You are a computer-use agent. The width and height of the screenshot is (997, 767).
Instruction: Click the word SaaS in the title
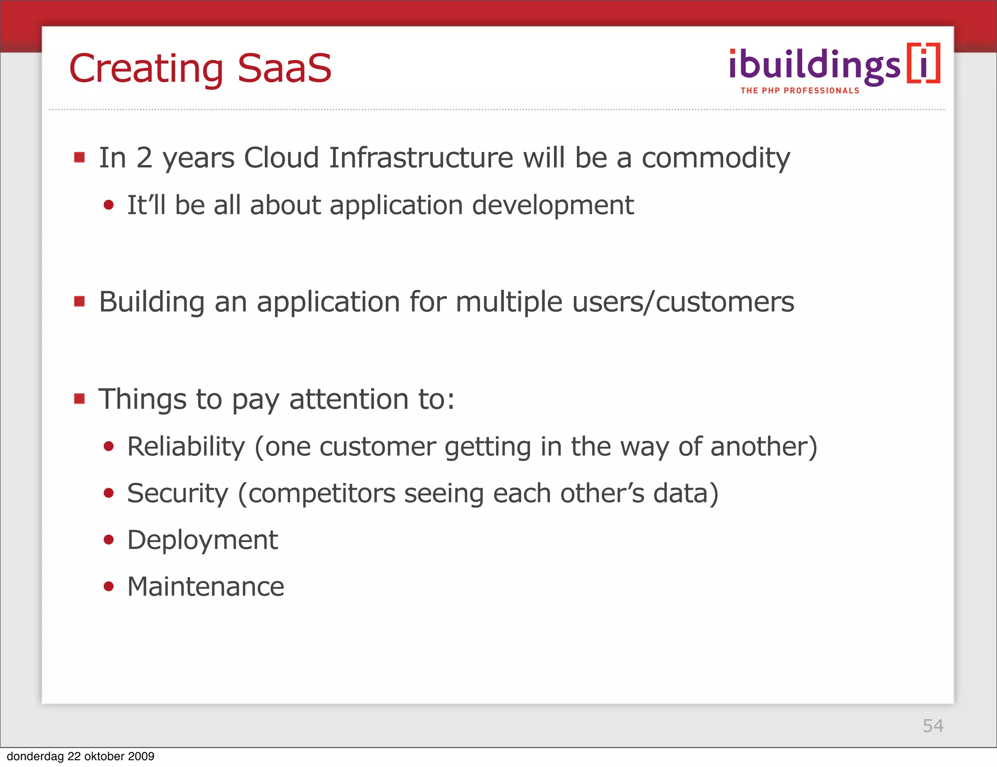(284, 68)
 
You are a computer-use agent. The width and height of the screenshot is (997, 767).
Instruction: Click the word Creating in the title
(146, 69)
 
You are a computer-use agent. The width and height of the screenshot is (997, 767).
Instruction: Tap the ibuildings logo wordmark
(814, 66)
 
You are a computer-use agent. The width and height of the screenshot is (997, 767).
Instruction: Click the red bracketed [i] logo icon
(923, 63)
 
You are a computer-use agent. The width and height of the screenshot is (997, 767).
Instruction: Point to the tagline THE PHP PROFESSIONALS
(800, 91)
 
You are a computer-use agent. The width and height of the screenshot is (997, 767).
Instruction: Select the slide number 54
(933, 726)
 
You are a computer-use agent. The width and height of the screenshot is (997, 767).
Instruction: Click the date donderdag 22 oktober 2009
(80, 756)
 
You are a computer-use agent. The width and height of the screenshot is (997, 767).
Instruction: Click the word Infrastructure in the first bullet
(421, 158)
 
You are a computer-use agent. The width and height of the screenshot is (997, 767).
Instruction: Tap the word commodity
(715, 159)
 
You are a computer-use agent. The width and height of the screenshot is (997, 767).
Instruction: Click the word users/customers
(683, 302)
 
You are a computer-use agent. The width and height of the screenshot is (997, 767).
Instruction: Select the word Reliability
(186, 447)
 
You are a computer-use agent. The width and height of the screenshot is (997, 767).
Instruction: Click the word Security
(177, 493)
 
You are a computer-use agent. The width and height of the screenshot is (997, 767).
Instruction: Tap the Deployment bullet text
(202, 540)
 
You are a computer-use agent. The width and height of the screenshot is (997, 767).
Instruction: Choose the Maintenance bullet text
(205, 586)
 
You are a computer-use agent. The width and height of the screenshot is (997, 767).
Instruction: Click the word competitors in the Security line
(322, 493)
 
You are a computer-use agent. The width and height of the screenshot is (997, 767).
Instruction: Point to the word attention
(349, 400)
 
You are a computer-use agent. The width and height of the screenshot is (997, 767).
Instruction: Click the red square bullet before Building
(79, 302)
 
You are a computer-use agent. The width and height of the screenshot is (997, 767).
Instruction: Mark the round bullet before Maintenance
(109, 586)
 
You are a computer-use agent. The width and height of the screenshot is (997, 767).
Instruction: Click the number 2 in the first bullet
(144, 158)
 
